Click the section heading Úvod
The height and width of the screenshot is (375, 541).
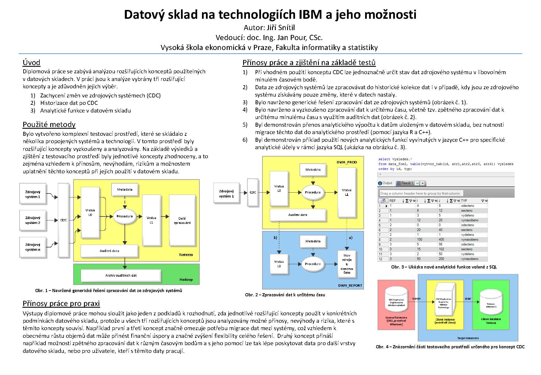(31, 63)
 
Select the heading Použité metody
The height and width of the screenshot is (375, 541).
(49, 124)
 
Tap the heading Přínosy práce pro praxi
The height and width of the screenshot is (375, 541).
(61, 303)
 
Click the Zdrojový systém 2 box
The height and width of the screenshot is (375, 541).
(33, 220)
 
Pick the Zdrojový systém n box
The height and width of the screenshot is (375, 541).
(33, 247)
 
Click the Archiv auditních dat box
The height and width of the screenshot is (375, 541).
(121, 275)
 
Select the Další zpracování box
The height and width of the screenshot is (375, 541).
(182, 220)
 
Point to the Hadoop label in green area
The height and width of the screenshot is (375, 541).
(186, 280)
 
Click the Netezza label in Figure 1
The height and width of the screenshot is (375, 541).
(186, 255)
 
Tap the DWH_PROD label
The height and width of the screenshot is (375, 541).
(347, 162)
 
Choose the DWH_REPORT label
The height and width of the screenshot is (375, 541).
(350, 286)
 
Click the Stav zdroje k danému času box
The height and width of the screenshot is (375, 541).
(347, 264)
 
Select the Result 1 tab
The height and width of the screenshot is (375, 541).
(407, 183)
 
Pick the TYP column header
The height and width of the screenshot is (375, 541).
(464, 201)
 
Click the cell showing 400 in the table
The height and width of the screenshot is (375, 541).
(441, 239)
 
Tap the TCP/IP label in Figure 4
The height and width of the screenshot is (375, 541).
(416, 299)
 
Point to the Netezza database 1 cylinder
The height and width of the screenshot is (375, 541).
(491, 306)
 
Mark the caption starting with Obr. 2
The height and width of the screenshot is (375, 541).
(285, 295)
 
